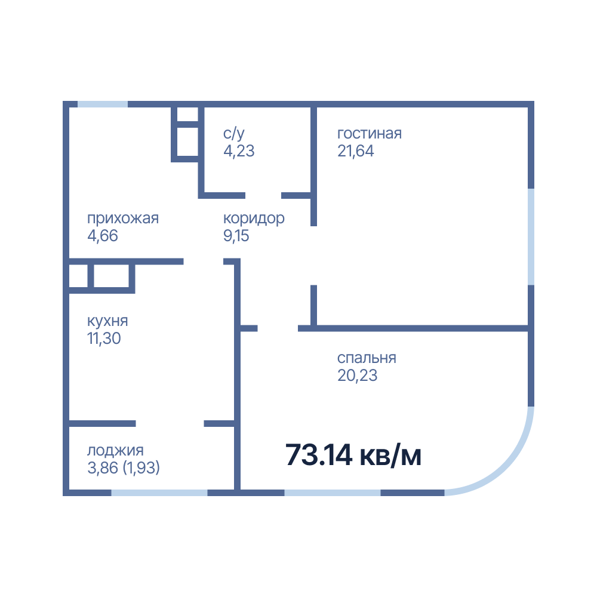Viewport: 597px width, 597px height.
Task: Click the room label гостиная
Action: pos(370,134)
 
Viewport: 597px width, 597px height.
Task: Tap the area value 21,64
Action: pos(356,151)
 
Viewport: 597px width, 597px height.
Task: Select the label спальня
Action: pos(367,358)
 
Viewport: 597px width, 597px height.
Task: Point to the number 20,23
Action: pos(357,376)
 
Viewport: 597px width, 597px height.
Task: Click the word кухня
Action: pos(107,321)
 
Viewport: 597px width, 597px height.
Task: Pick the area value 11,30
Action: pos(104,338)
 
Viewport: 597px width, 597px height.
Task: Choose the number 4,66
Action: pos(103,236)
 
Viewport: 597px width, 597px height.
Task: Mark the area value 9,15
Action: pos(236,236)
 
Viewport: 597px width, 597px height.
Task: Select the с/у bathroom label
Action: pos(234,134)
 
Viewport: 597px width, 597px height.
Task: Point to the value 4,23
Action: pos(239,151)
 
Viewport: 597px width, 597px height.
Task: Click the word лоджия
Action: pos(115,451)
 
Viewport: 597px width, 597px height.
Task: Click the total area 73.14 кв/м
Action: pos(353,455)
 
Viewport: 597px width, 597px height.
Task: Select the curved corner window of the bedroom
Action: pos(507,469)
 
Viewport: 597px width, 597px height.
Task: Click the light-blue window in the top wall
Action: pos(103,104)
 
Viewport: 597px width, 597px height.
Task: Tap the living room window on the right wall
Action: pos(531,237)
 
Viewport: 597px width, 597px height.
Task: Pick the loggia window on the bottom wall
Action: pos(159,493)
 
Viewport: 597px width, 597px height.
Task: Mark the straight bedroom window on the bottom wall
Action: pos(333,493)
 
